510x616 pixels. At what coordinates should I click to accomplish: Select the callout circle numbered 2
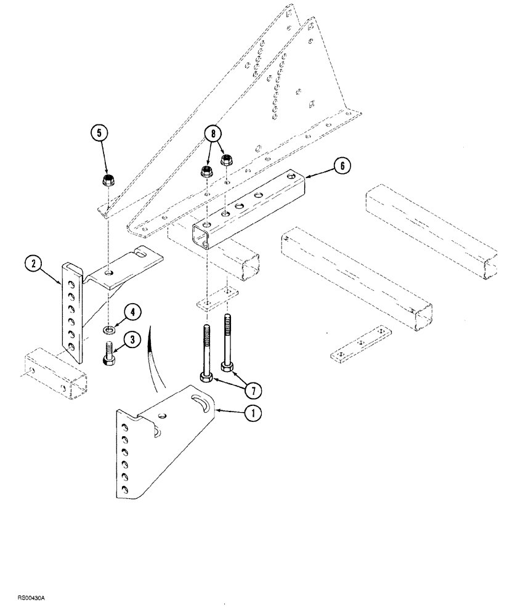[35, 265]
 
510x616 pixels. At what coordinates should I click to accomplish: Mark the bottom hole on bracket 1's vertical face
[126, 490]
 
